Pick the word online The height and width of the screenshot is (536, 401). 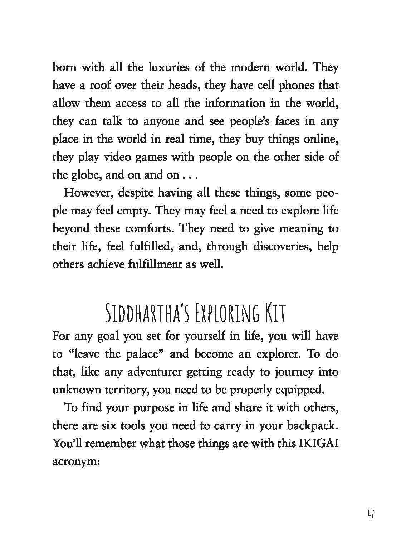pos(321,139)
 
